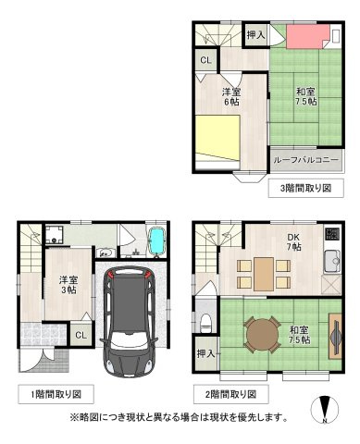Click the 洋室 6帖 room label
pyautogui.click(x=230, y=97)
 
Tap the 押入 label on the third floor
pyautogui.click(x=255, y=35)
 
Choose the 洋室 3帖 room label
pyautogui.click(x=68, y=284)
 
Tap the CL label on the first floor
pyautogui.click(x=81, y=335)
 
